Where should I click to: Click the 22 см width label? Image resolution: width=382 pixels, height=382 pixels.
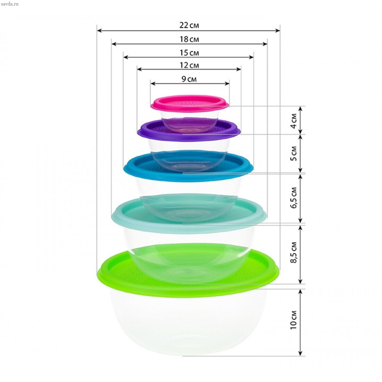189,25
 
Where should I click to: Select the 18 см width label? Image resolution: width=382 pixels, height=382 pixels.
189,39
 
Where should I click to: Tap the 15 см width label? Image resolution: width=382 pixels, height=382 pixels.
189,53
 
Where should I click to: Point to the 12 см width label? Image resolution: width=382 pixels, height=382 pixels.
189,65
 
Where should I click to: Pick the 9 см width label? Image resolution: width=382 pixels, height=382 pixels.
189,79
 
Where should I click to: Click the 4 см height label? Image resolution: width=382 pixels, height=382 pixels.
294,121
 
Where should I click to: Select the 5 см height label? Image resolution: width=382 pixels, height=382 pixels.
294,153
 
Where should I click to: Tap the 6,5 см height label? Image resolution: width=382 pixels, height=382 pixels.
294,198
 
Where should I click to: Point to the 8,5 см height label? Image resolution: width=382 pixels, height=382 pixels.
294,252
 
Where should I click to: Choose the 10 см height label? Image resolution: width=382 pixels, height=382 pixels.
294,320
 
